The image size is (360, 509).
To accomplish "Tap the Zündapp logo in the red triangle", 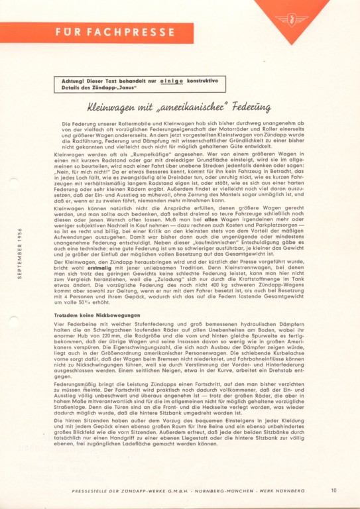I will pos(291,18).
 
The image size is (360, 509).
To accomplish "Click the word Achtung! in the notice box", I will pos(72,81).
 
